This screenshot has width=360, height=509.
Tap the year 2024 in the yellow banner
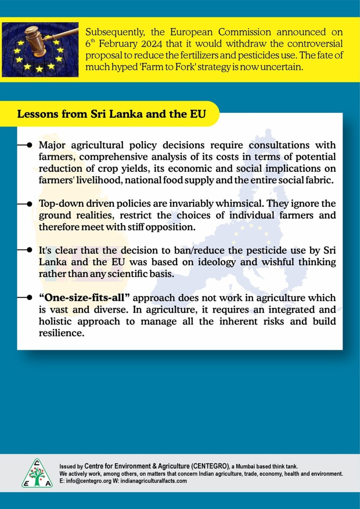[151, 44]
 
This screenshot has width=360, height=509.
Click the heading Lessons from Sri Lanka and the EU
[111, 114]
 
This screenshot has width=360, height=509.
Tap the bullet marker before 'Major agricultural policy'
[29, 145]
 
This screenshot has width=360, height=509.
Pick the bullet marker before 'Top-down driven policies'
[29, 204]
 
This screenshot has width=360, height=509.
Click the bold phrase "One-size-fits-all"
[84, 298]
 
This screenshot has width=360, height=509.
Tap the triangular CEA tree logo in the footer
[37, 474]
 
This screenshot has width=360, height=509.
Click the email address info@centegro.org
[88, 481]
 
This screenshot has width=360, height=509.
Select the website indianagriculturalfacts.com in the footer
[154, 481]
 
